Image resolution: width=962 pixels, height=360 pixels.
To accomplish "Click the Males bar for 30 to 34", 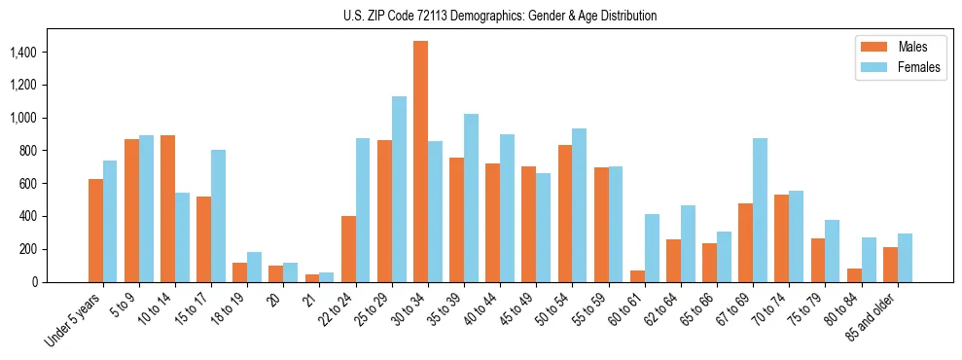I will click(x=420, y=162).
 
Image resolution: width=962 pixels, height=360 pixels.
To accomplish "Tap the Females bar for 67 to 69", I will click(x=760, y=210).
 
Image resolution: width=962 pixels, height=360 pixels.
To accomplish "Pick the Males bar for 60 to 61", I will click(x=637, y=276).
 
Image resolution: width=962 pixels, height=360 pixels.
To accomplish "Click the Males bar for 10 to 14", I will click(x=167, y=208).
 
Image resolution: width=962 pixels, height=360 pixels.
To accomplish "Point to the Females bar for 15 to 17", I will click(x=218, y=216).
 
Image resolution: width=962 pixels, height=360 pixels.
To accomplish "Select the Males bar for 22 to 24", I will click(x=348, y=249).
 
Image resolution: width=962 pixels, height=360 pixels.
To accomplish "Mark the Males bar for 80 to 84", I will click(x=854, y=275).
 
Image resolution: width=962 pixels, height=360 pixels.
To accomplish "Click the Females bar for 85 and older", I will click(x=905, y=258).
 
